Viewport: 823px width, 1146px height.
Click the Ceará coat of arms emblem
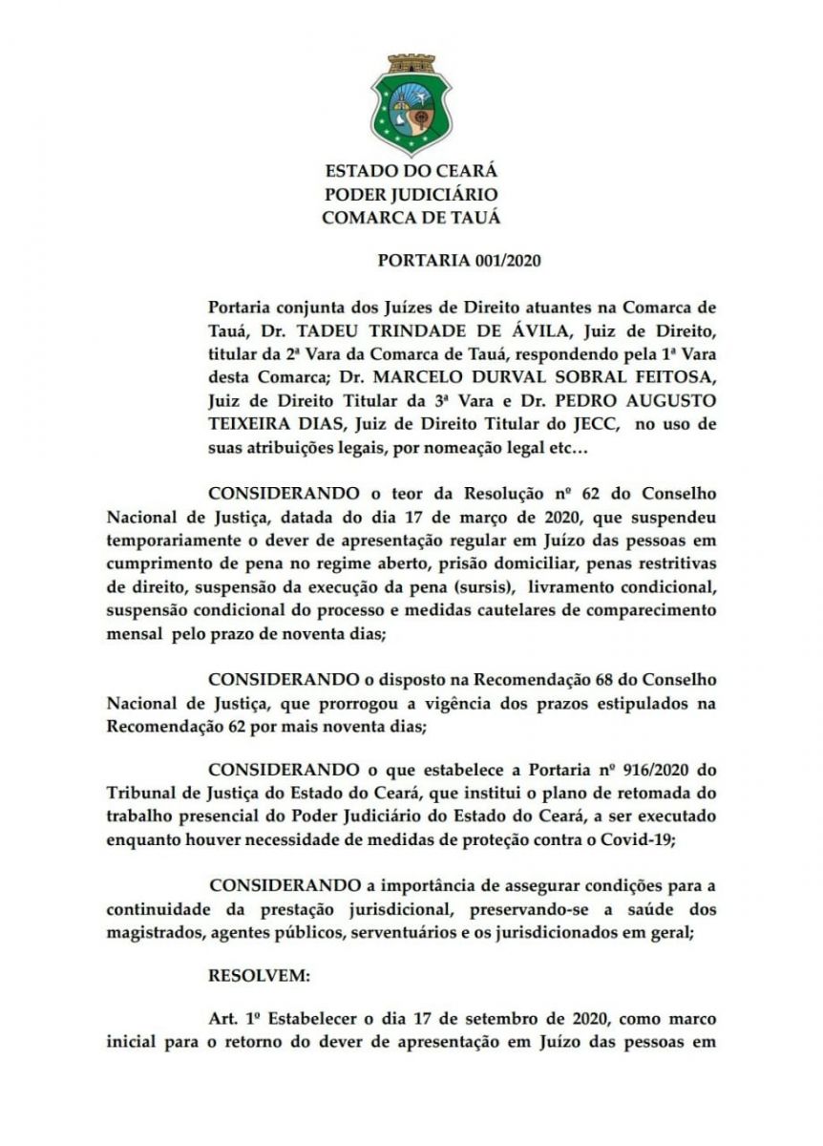pos(411,104)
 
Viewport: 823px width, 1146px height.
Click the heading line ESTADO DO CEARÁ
pos(411,172)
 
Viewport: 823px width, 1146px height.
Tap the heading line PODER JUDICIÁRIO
pos(411,195)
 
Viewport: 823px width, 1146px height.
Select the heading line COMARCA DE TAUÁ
pos(411,218)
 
